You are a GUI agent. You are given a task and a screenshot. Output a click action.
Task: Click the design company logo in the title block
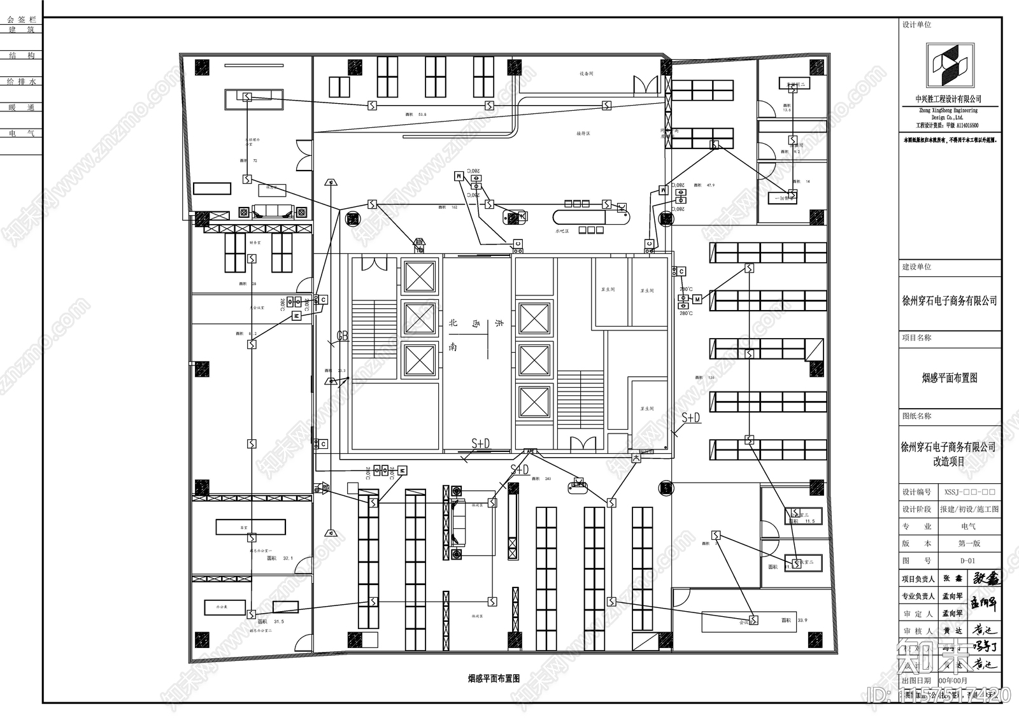[950, 66]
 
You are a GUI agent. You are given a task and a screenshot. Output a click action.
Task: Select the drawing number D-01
[967, 561]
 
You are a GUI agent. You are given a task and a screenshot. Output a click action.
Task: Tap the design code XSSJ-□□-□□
[969, 492]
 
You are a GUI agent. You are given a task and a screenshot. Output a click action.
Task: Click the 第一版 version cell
[969, 544]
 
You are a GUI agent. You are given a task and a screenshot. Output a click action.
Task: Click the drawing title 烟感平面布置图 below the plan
[494, 679]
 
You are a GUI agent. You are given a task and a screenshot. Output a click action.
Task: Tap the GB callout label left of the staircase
[343, 335]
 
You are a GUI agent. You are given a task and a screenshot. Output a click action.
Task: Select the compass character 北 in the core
[453, 323]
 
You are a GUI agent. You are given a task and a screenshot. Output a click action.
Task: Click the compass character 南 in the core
[453, 347]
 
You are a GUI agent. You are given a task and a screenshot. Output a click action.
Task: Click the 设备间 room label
[586, 74]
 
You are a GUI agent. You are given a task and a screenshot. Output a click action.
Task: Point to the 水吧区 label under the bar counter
[562, 231]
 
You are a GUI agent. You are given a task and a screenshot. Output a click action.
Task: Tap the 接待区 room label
[583, 134]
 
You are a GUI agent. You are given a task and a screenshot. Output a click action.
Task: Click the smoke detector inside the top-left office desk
[247, 97]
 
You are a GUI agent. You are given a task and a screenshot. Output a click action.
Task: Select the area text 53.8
[422, 115]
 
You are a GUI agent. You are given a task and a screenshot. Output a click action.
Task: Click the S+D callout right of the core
[691, 418]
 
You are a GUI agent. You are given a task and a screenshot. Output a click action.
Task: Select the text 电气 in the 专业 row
[968, 526]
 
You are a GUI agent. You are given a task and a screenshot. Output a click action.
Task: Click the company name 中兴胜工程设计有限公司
[948, 99]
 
